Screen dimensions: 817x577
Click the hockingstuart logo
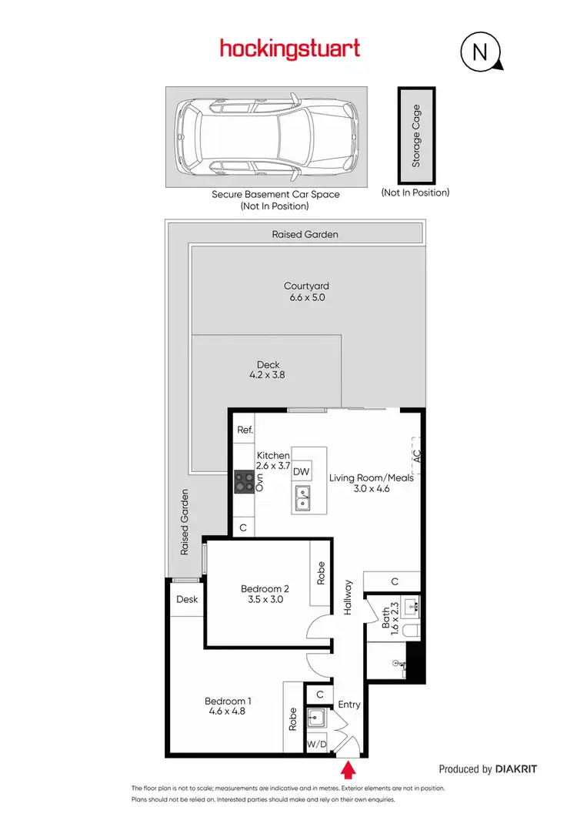click(x=290, y=49)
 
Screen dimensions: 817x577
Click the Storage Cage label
click(x=416, y=136)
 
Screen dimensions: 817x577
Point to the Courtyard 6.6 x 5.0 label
click(x=305, y=291)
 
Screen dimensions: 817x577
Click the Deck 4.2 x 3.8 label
click(x=268, y=370)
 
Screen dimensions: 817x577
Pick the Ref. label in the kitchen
click(x=245, y=430)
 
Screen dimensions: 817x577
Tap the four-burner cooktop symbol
click(x=245, y=482)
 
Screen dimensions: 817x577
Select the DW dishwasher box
click(x=302, y=471)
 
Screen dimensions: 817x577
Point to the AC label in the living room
click(x=416, y=455)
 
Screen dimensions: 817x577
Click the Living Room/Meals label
click(x=372, y=483)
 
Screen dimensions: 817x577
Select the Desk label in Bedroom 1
click(x=187, y=599)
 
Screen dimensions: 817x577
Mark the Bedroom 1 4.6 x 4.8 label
click(x=228, y=706)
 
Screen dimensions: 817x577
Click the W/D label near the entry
click(x=316, y=745)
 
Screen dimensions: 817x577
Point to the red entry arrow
click(x=348, y=768)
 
